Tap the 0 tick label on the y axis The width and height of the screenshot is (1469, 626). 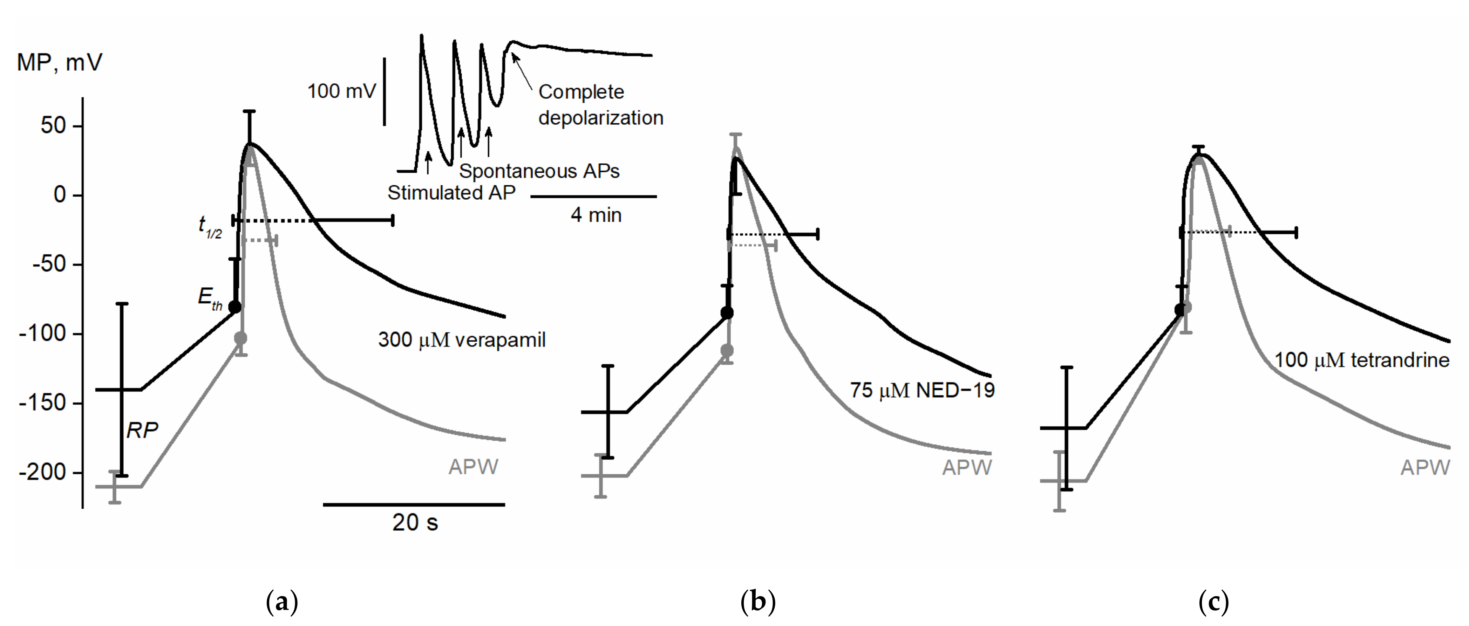pos(59,195)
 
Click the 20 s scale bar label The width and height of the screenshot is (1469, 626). pos(415,522)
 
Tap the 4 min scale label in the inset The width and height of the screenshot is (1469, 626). pos(596,215)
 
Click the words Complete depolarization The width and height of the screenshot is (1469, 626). pos(600,104)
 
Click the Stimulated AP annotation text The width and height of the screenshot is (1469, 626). pos(451,193)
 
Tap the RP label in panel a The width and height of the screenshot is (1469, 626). pos(142,431)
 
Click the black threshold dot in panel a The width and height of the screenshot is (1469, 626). pos(234,307)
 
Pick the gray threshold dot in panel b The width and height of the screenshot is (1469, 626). pos(727,350)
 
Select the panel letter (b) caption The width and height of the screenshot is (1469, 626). pos(758,601)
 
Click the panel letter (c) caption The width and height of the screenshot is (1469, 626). pos(1213,601)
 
